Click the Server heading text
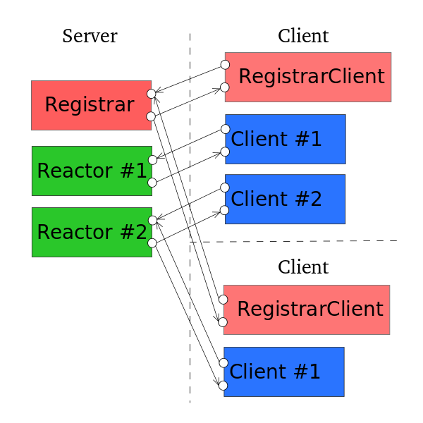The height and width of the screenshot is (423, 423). [x=90, y=36]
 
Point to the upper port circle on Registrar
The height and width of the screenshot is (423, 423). [x=150, y=93]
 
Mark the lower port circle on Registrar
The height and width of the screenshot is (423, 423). [x=150, y=116]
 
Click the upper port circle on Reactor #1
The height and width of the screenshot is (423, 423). [x=152, y=160]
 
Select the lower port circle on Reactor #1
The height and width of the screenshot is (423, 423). [x=152, y=183]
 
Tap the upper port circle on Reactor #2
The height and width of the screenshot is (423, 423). [x=152, y=221]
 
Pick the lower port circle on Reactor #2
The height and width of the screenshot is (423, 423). [x=152, y=244]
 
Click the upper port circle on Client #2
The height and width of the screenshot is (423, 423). [x=225, y=187]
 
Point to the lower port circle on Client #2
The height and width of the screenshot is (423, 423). [x=225, y=210]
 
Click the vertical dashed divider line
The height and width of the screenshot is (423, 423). [x=190, y=317]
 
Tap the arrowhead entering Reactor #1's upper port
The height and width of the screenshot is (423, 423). [x=161, y=157]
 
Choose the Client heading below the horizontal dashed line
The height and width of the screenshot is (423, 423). [x=303, y=267]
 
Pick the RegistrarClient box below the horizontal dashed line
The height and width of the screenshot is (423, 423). [x=307, y=309]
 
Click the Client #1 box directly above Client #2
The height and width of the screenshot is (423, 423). [x=285, y=139]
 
